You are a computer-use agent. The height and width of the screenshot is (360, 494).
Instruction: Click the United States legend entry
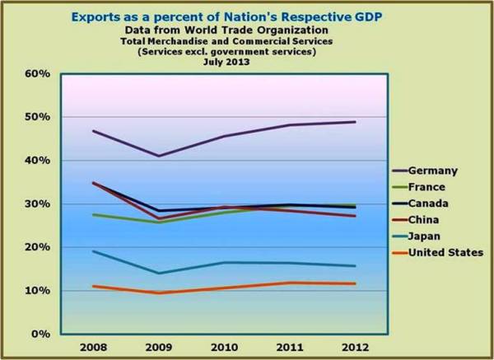pyautogui.click(x=447, y=252)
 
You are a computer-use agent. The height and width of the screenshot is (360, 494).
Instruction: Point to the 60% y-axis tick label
pyautogui.click(x=38, y=73)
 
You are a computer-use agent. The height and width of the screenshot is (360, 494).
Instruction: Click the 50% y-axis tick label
pyautogui.click(x=38, y=117)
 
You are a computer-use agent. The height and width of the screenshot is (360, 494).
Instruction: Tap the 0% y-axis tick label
pyautogui.click(x=41, y=334)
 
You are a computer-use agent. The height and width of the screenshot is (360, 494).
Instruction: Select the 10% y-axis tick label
pyautogui.click(x=38, y=291)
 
